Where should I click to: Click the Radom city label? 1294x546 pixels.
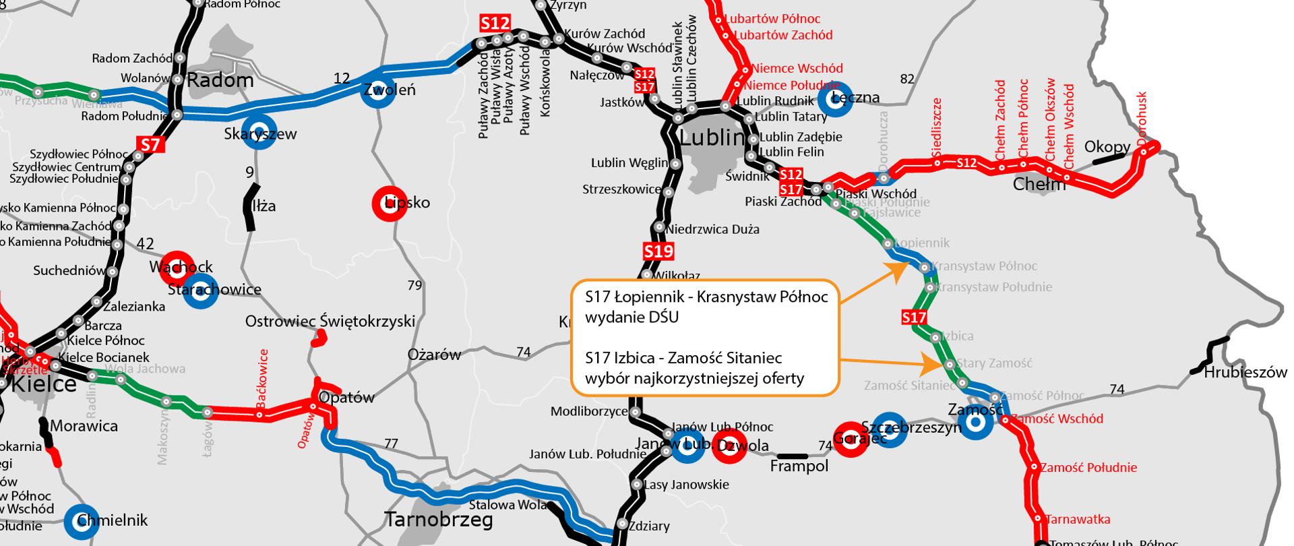(x=220, y=81)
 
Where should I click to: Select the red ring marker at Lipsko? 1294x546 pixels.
(x=389, y=202)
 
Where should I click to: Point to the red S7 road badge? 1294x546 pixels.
(x=150, y=144)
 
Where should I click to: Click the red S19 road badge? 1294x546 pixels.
(x=658, y=252)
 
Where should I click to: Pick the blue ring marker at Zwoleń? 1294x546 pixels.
(x=376, y=90)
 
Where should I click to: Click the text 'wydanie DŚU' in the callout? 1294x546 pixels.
(x=631, y=317)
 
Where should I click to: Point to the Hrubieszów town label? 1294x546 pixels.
(x=1245, y=372)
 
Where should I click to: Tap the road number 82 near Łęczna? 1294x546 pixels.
(x=907, y=79)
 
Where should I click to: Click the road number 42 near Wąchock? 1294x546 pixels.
(x=145, y=244)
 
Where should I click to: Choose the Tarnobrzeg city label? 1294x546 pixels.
(x=438, y=520)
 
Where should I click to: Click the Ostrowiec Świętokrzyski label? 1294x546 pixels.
(x=330, y=322)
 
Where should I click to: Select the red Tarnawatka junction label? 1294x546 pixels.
(x=1078, y=520)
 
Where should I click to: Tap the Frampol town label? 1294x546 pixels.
(x=799, y=466)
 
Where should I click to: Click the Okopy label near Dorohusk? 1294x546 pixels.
(x=1107, y=147)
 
